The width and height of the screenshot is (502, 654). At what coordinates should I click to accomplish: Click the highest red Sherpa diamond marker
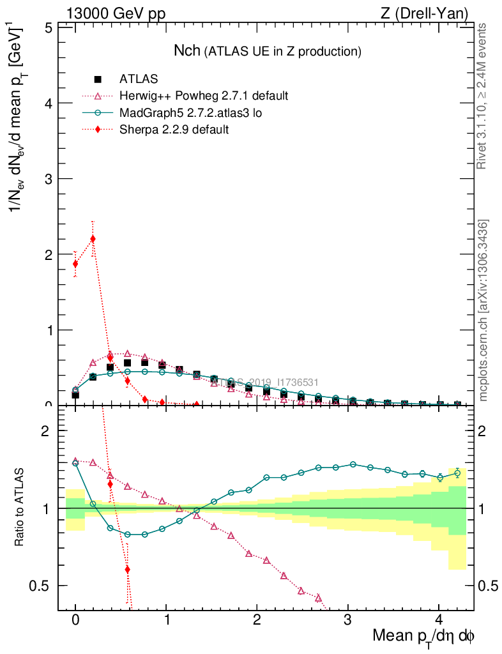point(93,240)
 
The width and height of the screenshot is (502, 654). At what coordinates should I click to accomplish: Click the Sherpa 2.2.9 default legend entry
point(174,130)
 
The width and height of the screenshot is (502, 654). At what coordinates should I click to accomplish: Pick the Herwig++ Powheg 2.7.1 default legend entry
point(204,96)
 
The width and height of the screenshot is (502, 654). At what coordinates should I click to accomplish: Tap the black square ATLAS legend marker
point(98,79)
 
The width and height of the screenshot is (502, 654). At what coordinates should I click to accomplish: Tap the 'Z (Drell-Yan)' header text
point(431,13)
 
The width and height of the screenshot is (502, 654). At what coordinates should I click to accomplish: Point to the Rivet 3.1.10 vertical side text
point(482,96)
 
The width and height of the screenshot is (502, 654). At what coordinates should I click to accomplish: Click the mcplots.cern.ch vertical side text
point(483,311)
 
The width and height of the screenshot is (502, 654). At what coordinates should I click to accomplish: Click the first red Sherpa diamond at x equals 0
point(75,264)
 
